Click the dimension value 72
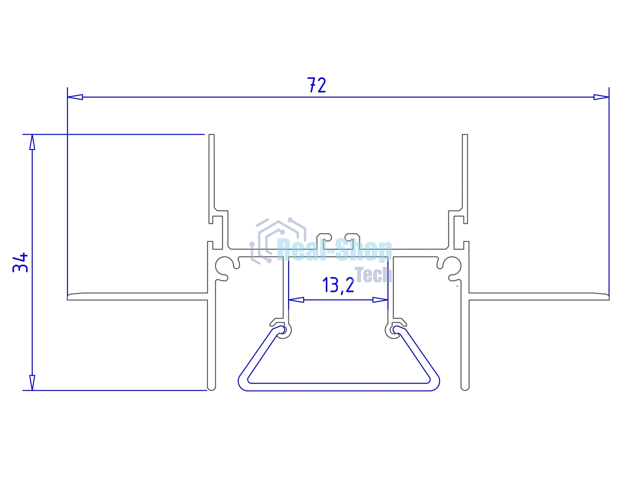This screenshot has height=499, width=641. (x=317, y=85)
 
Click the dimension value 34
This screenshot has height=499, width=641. (x=20, y=262)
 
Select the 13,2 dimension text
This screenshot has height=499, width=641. (x=338, y=285)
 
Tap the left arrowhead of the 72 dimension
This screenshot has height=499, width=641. (x=75, y=97)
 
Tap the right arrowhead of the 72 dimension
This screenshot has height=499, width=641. (x=601, y=97)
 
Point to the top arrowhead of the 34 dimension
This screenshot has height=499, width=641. (x=32, y=142)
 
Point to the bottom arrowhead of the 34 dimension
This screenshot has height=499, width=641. (x=32, y=383)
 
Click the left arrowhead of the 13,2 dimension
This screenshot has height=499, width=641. (x=296, y=300)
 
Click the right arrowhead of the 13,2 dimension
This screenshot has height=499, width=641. (x=380, y=300)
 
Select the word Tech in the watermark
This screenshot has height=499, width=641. (x=373, y=275)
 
